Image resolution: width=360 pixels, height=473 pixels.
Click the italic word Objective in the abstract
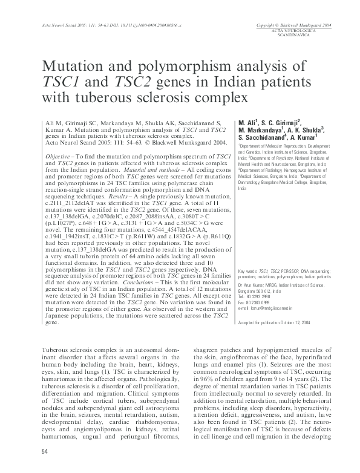click(57, 156)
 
